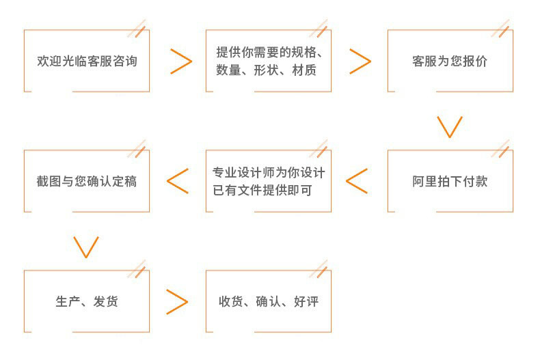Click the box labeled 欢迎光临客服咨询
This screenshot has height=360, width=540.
pos(87,61)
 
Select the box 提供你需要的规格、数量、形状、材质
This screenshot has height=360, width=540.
pos(268,61)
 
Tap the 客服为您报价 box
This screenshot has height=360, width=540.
pos(450,61)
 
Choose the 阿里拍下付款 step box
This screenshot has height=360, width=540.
pos(450,182)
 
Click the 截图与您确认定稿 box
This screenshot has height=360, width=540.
pos(87,182)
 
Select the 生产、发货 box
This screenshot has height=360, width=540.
pos(87,301)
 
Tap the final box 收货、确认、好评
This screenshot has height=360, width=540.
pos(268,301)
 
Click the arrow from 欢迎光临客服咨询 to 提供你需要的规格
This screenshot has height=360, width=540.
pos(181,61)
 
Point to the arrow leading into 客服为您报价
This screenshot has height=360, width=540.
pos(360,61)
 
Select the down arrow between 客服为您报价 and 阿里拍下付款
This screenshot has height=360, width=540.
pos(450,126)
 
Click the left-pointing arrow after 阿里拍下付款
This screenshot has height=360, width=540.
pos(357,181)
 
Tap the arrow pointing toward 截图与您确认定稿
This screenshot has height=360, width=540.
pos(178,181)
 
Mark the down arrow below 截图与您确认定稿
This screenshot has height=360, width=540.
pos(86,247)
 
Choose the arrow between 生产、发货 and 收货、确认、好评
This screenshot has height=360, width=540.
pos(177,301)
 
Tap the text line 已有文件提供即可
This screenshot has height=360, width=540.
pos(262,191)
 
